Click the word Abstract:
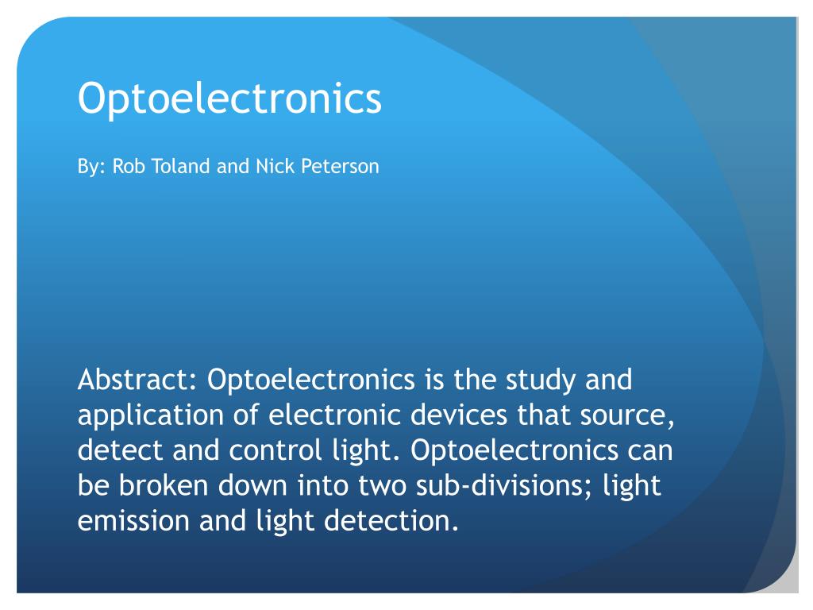(137, 380)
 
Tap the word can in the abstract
(649, 451)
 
